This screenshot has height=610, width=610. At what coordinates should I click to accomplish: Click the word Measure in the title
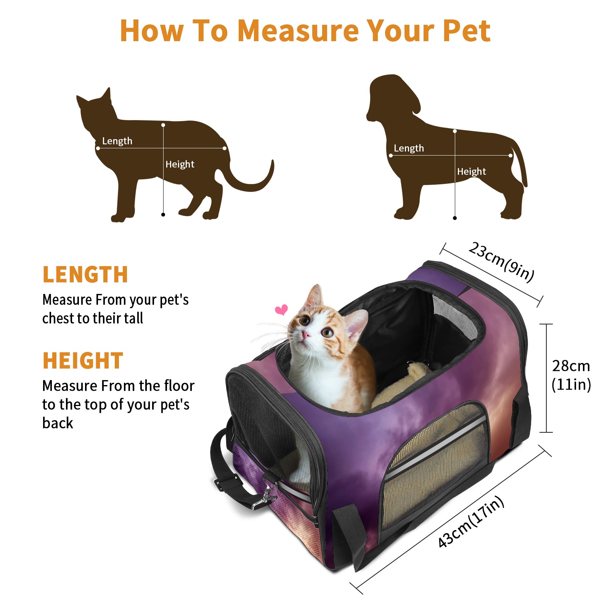tap(298, 30)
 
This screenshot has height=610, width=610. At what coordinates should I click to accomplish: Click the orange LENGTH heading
tap(85, 274)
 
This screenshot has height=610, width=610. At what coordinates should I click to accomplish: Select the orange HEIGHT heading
tap(83, 361)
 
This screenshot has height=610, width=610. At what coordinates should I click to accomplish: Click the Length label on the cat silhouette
tap(117, 141)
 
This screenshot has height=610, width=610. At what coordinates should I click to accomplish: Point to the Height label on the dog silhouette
tap(472, 172)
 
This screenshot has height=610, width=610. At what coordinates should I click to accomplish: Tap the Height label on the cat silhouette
tap(180, 164)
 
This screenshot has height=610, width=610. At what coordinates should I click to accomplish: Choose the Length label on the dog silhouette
tap(409, 148)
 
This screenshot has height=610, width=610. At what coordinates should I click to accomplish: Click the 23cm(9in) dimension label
tap(501, 262)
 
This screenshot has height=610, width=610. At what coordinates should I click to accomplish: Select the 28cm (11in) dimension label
tap(571, 375)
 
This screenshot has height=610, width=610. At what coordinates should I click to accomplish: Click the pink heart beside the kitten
tap(281, 310)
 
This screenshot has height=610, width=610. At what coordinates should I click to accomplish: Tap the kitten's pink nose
tap(306, 335)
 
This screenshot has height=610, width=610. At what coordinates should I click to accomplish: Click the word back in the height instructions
tap(58, 423)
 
